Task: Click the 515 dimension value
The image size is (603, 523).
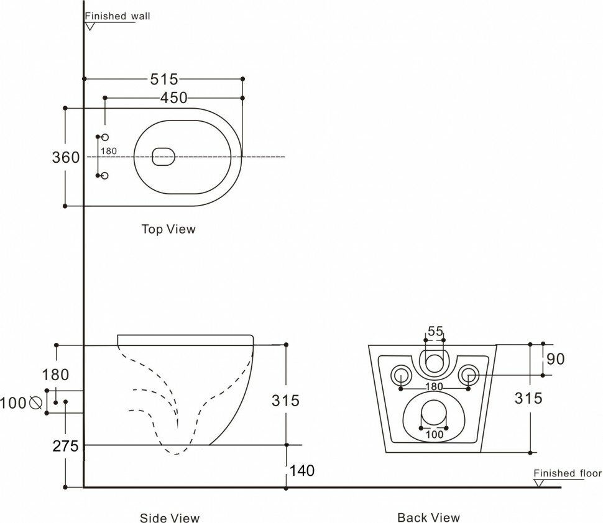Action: pos(164,79)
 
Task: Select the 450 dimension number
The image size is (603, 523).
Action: pos(173,98)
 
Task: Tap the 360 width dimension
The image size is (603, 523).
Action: pos(65,158)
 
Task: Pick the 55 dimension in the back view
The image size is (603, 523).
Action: pos(435,331)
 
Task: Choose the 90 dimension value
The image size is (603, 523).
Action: pos(556,359)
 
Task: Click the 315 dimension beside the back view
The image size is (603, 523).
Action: pos(528,398)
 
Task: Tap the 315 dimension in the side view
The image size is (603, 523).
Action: pos(286,401)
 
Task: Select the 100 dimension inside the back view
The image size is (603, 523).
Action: pos(435,434)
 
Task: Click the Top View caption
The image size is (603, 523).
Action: pos(168,229)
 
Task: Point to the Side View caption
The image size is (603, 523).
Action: pos(170,517)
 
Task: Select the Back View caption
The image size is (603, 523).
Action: pos(429,517)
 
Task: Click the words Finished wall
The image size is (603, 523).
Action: pos(118,17)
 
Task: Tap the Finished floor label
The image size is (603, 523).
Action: pos(568,473)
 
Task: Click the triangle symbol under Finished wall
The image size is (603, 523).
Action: pos(91,27)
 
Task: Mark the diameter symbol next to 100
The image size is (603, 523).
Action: pos(35,402)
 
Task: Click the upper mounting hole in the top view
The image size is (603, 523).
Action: pos(104,137)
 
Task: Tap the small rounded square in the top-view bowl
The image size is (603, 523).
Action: pos(163,157)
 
